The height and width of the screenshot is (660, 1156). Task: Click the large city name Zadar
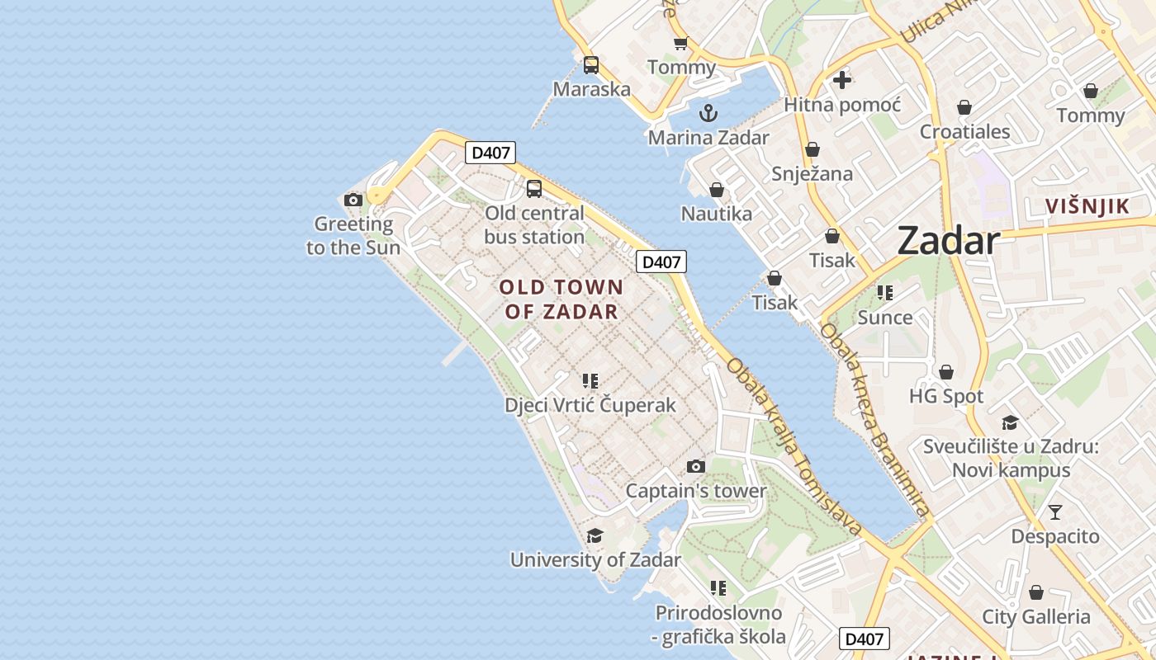pos(948,241)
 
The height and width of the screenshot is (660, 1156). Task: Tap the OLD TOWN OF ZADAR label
pos(561,299)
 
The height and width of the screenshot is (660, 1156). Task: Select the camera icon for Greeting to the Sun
pos(353,200)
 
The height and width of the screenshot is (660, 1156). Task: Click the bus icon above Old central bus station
pos(534,188)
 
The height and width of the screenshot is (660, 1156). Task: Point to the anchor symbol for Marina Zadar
pos(708,113)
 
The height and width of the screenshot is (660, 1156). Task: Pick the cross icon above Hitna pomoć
pos(842,80)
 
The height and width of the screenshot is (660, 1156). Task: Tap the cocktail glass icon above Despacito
pos(1055,512)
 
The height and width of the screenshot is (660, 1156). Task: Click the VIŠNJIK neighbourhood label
pos(1087,206)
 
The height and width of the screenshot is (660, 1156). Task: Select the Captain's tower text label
pos(696,491)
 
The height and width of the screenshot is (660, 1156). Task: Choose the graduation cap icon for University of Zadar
pos(595,536)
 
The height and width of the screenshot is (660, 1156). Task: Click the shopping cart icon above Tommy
pos(680,43)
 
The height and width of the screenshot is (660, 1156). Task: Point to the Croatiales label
pos(965,131)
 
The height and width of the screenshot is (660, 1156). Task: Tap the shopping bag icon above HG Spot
pos(946,372)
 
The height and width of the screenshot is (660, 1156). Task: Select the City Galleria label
pos(1035,616)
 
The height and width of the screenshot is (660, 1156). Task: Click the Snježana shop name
pos(812,173)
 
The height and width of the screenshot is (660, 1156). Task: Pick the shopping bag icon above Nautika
pos(717,191)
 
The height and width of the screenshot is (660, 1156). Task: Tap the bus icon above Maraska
pos(591,64)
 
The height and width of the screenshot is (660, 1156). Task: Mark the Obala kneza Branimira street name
pos(874,419)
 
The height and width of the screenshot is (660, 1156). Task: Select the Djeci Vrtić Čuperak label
pos(590,405)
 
